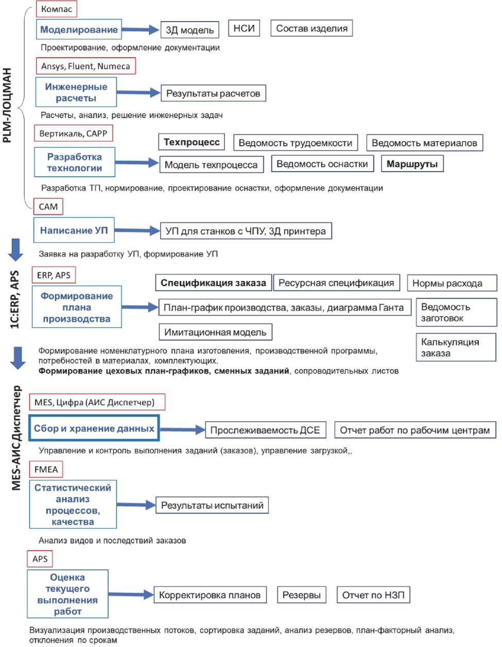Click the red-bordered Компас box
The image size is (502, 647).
coord(57,9)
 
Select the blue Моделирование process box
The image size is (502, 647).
coord(79,30)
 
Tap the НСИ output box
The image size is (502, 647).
coord(244,28)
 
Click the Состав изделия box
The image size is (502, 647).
coord(311,28)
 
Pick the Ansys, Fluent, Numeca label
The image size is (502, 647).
coord(85,66)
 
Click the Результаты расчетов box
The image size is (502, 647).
coord(213,94)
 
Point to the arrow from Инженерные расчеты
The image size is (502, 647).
coord(138,93)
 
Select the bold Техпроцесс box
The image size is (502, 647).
coord(192,142)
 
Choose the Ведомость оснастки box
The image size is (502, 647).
coord(322,164)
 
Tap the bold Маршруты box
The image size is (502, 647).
coord(412,164)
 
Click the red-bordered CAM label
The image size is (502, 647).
coord(48,207)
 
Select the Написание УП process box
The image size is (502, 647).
coord(74,230)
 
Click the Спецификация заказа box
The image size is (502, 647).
coord(213,283)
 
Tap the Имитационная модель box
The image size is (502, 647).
coord(215,332)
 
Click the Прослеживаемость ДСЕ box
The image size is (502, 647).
coord(265,430)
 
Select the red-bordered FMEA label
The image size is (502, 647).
coord(46,469)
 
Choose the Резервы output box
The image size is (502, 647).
coord(301,595)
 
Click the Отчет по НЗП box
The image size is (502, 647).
coord(373,595)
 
